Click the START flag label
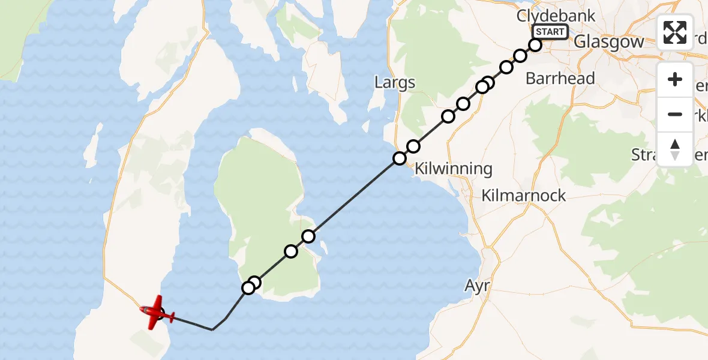pyautogui.click(x=549, y=32)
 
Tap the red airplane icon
pyautogui.click(x=157, y=312)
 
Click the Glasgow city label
pyautogui.click(x=608, y=41)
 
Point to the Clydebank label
pyautogui.click(x=556, y=16)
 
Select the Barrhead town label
pyautogui.click(x=560, y=78)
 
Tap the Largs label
pyautogui.click(x=394, y=82)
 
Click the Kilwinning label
pyautogui.click(x=454, y=169)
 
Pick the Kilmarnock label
pyautogui.click(x=524, y=196)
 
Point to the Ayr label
pyautogui.click(x=478, y=286)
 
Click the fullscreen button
pyautogui.click(x=675, y=32)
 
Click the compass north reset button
pyautogui.click(x=675, y=149)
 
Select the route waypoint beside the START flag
pyautogui.click(x=535, y=45)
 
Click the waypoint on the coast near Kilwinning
pyautogui.click(x=400, y=158)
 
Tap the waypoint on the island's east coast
pyautogui.click(x=308, y=236)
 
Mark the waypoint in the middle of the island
pyautogui.click(x=291, y=251)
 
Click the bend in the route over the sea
pyautogui.click(x=212, y=329)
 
